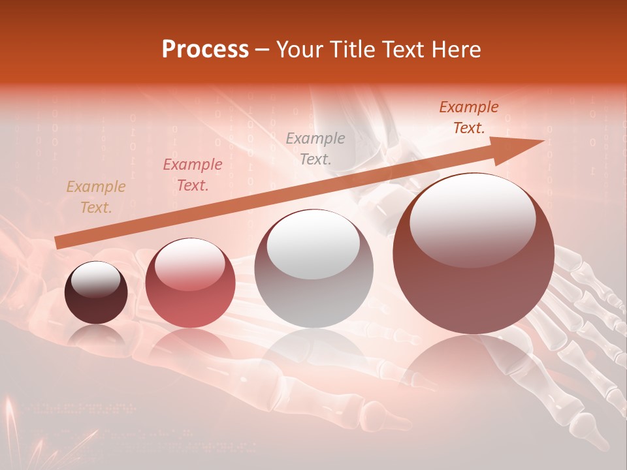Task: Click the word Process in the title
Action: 205,50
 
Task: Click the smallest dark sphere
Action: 96,293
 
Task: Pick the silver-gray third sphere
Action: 313,269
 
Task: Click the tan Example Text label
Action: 96,197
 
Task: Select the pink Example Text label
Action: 192,175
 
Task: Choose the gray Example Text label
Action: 315,149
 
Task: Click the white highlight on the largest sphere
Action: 472,219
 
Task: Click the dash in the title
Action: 263,50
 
